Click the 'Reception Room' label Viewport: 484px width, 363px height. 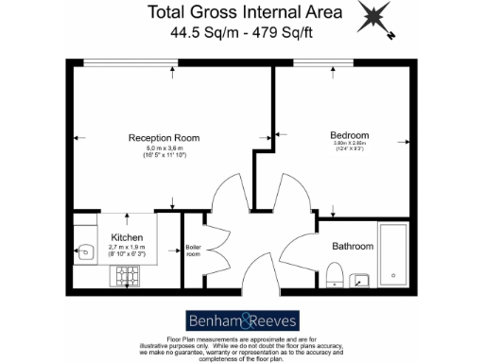(x=165, y=137)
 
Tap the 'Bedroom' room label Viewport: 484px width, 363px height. (x=348, y=133)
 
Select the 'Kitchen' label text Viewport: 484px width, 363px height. (x=127, y=237)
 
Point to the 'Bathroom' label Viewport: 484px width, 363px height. (x=352, y=246)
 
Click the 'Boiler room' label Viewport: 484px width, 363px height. (x=193, y=251)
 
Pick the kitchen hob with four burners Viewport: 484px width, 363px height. (x=126, y=276)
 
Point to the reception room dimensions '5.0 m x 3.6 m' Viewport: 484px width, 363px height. (x=165, y=148)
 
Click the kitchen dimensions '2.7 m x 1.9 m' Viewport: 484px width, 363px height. (x=127, y=249)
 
